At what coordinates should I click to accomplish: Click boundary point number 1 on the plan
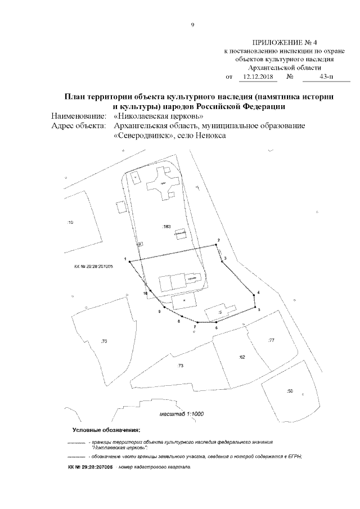[130, 262]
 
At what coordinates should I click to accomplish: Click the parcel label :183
[166, 227]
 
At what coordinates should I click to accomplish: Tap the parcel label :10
[70, 223]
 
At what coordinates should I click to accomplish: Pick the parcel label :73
[181, 366]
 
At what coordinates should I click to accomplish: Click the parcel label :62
[242, 357]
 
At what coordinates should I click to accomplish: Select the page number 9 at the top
[192, 25]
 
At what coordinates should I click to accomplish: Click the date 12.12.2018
[257, 76]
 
